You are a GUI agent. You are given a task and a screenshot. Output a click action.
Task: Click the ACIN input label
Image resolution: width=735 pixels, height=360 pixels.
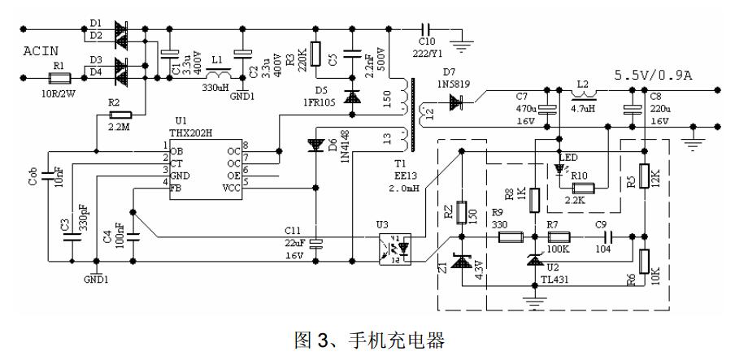pos(40,50)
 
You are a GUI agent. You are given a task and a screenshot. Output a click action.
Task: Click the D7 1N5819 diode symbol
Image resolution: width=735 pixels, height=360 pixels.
pos(457,102)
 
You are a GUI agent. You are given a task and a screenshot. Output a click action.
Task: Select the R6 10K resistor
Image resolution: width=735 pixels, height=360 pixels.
pos(644,262)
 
